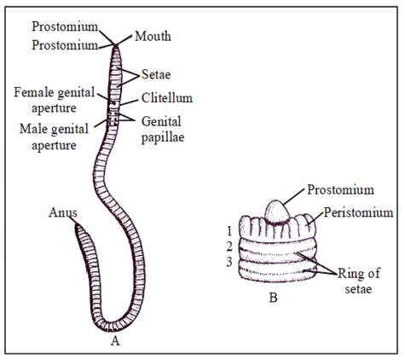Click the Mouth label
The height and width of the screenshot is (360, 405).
coord(153,37)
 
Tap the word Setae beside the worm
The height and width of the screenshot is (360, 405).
coord(156,74)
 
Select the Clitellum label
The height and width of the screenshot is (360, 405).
coord(167,98)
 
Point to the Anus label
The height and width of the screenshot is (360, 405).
coord(63,212)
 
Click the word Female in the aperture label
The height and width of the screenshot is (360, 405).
coord(34,92)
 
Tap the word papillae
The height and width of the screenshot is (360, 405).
coord(163,138)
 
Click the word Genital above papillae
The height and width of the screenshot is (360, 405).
coord(161,122)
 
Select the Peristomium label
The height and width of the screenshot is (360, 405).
coord(358,212)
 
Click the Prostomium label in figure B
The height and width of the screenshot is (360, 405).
coord(340,189)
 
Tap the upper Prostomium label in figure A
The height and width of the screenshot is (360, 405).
coord(65,26)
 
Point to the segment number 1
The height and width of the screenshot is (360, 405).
coord(229,231)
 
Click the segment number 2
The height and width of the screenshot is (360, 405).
coord(229,247)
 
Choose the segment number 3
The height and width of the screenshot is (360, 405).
coord(229,262)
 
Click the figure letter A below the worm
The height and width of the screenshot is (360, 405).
coord(115,340)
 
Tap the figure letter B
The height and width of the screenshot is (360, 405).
coord(273,298)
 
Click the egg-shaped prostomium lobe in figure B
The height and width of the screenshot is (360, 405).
coord(277,212)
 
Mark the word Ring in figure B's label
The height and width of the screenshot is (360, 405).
coord(349,274)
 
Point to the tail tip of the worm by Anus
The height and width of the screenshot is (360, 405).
coord(77,225)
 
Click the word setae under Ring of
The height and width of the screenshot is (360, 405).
coord(358,289)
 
